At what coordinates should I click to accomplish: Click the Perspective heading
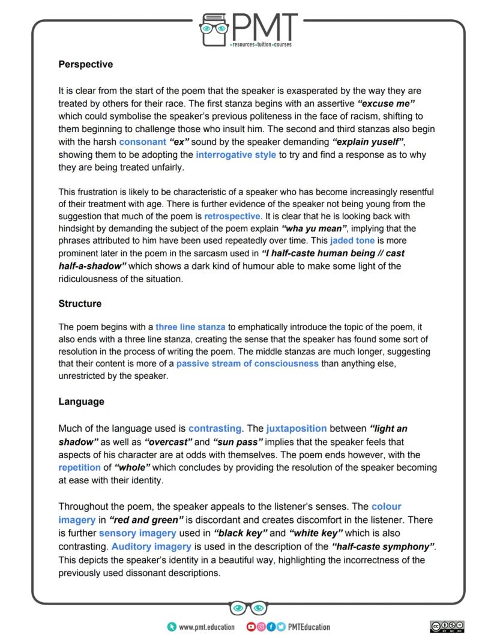[85, 64]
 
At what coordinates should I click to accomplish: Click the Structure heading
[80, 304]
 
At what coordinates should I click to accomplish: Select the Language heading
[81, 402]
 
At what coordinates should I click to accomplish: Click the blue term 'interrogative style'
[236, 155]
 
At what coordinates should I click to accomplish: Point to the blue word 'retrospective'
[232, 216]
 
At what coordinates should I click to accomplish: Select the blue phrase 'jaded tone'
[352, 241]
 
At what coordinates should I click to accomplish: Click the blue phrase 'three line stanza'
[190, 327]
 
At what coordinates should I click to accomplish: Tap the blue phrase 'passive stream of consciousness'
[247, 364]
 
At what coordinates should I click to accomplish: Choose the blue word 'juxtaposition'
[297, 429]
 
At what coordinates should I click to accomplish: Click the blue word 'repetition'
[80, 466]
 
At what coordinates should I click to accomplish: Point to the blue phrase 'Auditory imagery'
[151, 546]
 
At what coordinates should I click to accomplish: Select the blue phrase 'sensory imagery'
[137, 533]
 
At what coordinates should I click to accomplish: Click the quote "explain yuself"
[368, 142]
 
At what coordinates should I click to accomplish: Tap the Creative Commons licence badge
[448, 627]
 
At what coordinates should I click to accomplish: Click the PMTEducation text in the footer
[309, 627]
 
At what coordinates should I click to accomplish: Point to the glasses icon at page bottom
[248, 608]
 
